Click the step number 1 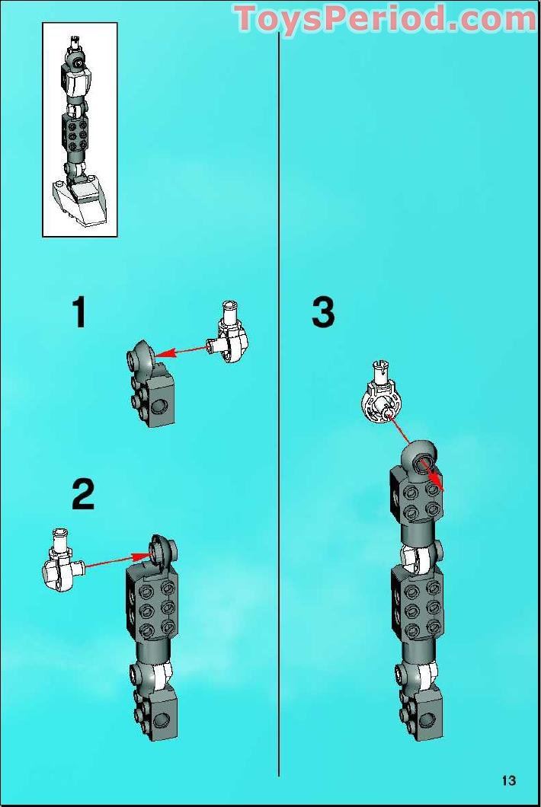[79, 312]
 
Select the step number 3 [323, 312]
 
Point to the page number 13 [508, 780]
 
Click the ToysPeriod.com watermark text [386, 18]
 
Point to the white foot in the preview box [81, 203]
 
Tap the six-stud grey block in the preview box [75, 132]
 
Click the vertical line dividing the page [279, 404]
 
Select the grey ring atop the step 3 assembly [420, 455]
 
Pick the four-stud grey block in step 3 [417, 495]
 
